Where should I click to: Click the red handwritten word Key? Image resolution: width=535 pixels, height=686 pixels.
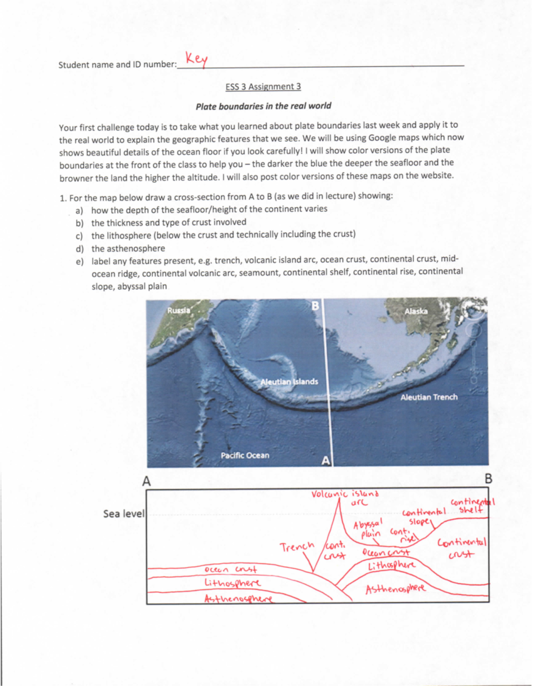[196, 59]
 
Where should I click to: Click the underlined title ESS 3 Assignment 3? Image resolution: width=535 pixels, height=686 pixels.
[263, 86]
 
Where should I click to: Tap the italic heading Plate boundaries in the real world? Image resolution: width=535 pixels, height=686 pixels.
[263, 106]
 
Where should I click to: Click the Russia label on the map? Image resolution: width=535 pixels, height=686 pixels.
[178, 310]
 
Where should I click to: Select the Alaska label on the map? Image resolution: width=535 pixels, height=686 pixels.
[416, 311]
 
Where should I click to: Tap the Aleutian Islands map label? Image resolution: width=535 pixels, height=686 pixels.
[289, 382]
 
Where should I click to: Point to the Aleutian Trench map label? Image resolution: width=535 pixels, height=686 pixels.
[428, 397]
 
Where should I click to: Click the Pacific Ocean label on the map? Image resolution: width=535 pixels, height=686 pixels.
[245, 455]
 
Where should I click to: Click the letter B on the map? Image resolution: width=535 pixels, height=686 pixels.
[315, 306]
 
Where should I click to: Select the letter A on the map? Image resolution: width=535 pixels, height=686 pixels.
[326, 461]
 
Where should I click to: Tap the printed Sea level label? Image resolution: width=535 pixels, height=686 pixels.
[124, 513]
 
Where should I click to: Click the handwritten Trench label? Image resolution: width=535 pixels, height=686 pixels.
[297, 546]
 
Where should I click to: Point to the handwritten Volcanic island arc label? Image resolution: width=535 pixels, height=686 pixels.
[345, 497]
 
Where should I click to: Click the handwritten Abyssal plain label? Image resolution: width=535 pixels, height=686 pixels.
[368, 529]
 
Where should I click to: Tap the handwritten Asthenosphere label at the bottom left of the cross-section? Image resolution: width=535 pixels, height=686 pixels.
[238, 599]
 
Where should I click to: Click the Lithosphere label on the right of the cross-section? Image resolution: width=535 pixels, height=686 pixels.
[391, 565]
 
